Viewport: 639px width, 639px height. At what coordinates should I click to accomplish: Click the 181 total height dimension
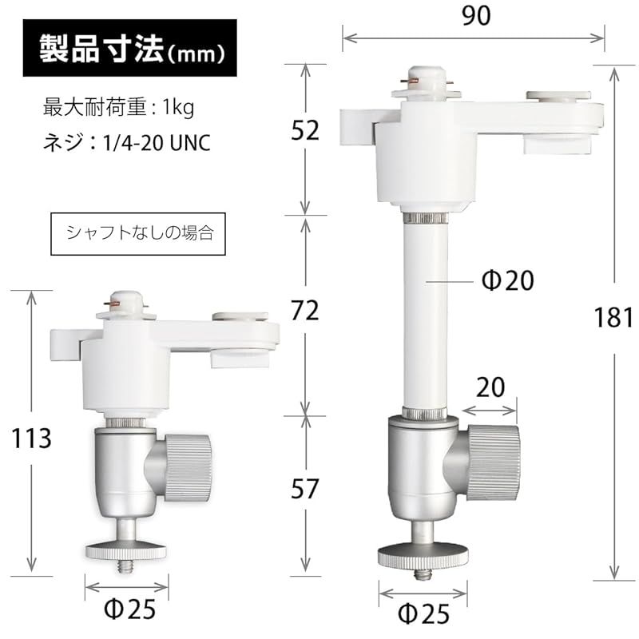tap(609, 317)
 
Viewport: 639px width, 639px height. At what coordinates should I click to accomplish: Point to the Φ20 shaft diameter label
tap(508, 280)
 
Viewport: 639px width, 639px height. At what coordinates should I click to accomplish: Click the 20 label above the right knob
tap(490, 387)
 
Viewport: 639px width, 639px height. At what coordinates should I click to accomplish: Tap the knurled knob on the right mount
tap(493, 460)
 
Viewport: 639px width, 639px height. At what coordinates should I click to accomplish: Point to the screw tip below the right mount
tap(420, 574)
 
